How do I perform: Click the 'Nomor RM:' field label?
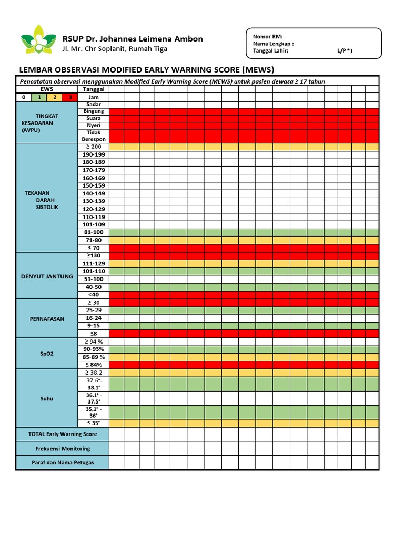[268, 36]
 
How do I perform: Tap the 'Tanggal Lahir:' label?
[270, 51]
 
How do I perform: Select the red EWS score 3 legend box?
[69, 97]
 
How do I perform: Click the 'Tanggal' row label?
[94, 89]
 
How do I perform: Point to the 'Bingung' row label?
[94, 111]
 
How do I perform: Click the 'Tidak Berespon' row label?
[94, 136]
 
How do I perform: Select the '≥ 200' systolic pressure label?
[94, 147]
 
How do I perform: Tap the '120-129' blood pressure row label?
[94, 209]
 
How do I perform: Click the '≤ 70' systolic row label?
[94, 248]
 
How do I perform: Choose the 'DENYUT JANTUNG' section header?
[47, 276]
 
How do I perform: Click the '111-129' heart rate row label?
[94, 263]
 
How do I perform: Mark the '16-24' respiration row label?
[94, 318]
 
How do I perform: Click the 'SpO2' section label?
[47, 354]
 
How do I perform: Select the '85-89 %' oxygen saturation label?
[94, 357]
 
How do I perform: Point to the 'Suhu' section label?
[47, 399]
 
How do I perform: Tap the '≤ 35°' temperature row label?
[94, 423]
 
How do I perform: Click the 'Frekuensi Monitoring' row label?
[63, 449]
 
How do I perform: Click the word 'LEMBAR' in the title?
[37, 69]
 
